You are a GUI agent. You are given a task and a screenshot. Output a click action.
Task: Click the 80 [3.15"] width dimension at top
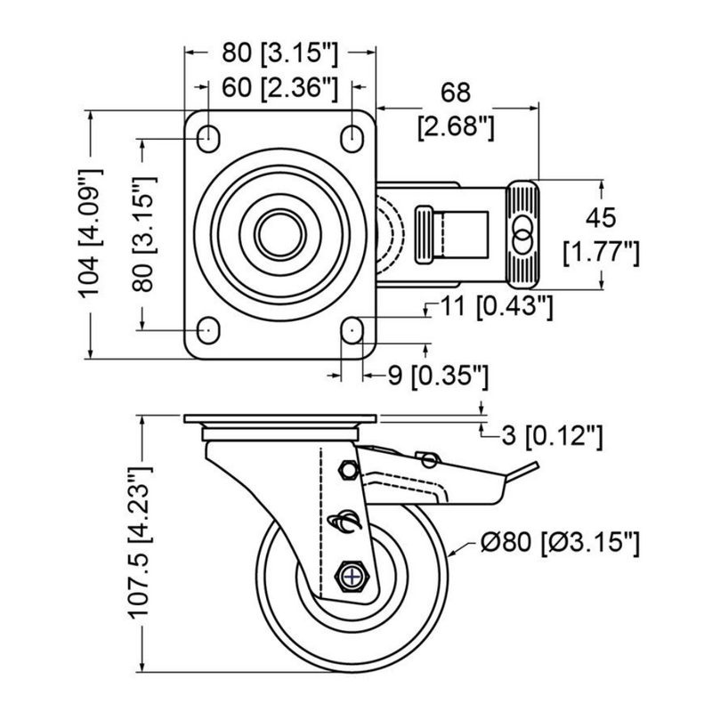click(x=279, y=53)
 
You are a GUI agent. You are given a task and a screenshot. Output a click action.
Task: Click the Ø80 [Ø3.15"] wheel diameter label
click(x=560, y=542)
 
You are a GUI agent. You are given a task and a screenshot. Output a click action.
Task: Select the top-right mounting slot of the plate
click(x=352, y=138)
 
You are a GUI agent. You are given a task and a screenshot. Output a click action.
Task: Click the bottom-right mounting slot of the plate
click(x=352, y=330)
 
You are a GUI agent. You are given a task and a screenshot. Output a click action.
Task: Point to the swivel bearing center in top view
click(x=279, y=234)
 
